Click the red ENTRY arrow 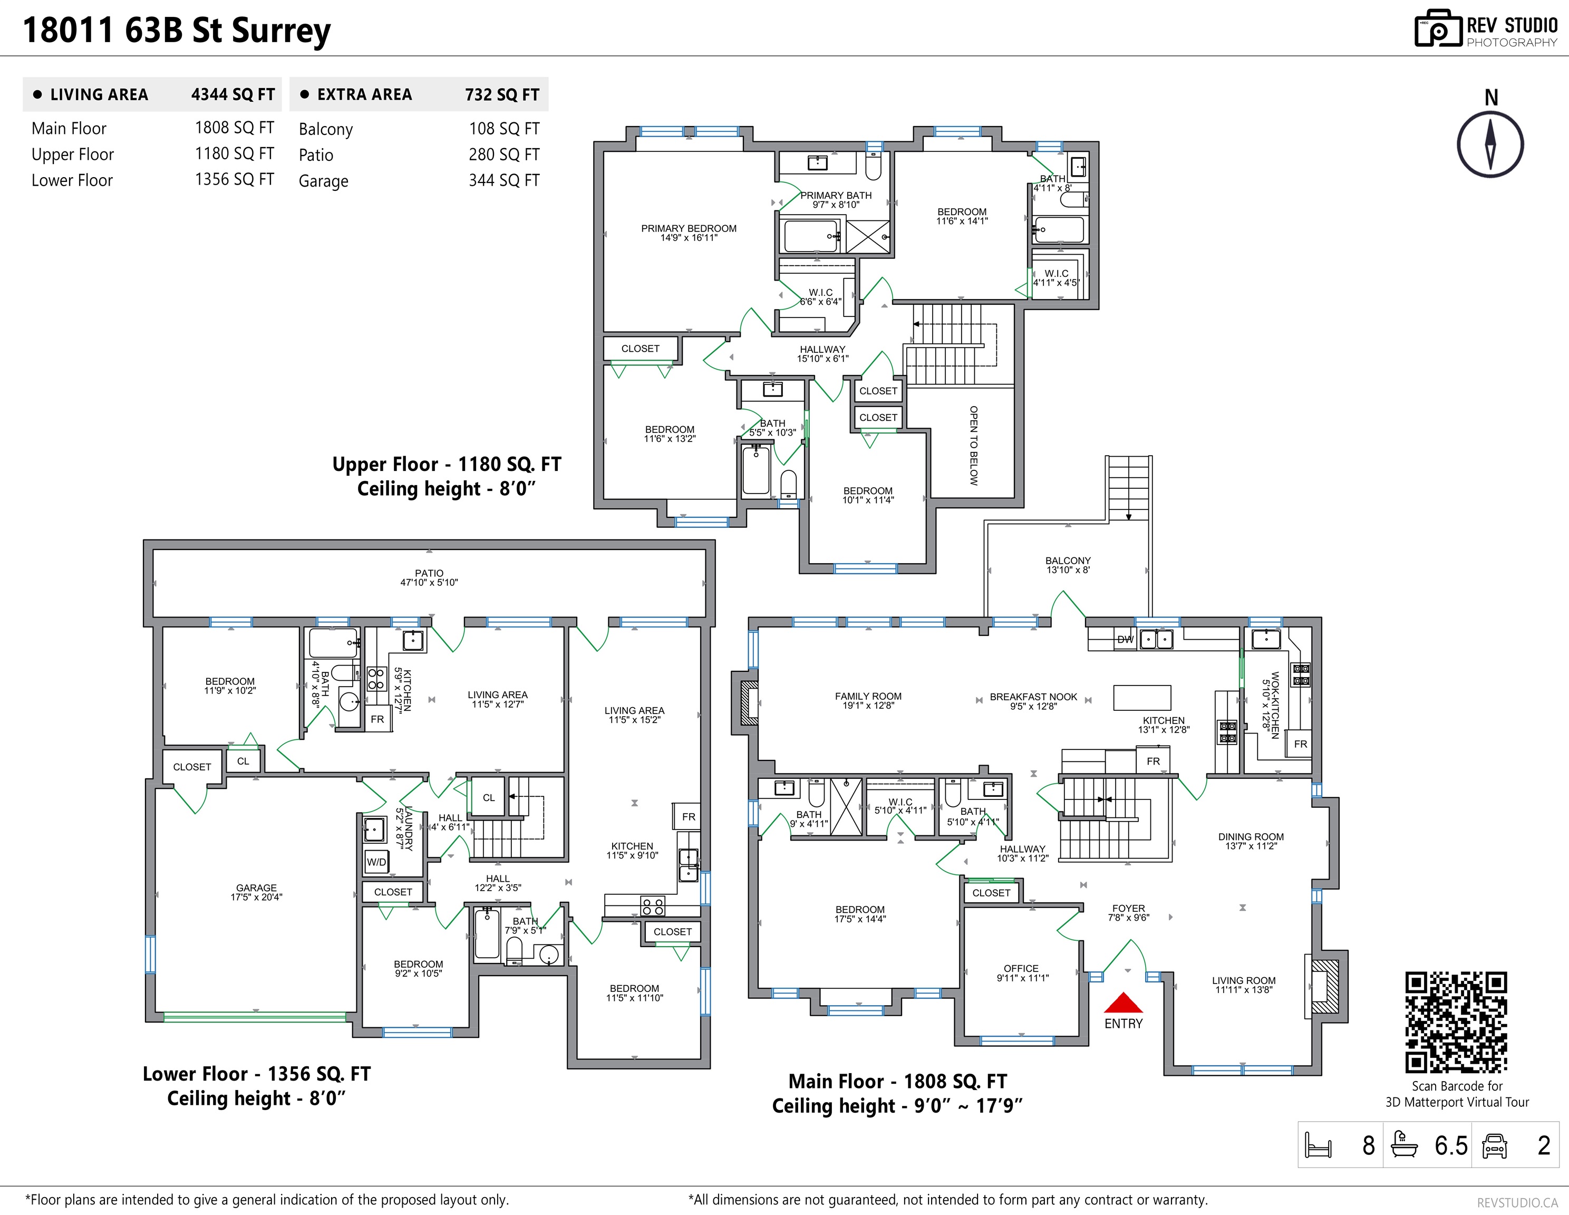click(x=1123, y=1002)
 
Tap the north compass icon click(x=1490, y=143)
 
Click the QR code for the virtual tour click(x=1456, y=1023)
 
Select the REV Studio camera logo click(x=1438, y=29)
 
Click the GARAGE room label click(x=256, y=888)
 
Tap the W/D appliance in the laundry click(x=376, y=862)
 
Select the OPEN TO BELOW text click(x=973, y=446)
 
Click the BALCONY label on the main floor click(x=1068, y=561)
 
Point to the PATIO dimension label click(x=429, y=583)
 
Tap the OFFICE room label click(x=1021, y=969)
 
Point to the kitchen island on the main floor click(x=1142, y=697)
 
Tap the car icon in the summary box click(x=1494, y=1145)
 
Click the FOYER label click(x=1129, y=908)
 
